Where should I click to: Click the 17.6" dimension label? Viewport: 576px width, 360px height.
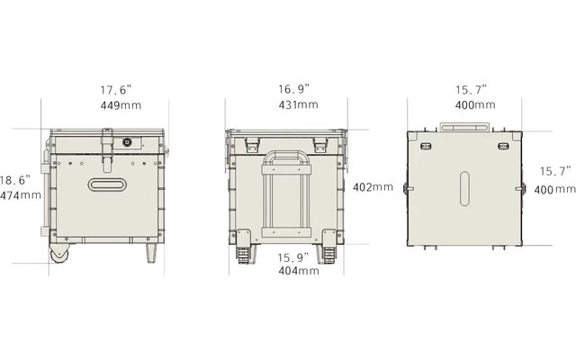pos(116,90)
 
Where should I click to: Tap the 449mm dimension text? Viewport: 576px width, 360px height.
pos(121,105)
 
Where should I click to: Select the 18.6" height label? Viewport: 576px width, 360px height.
pos(15,180)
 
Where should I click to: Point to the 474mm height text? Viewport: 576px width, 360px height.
pos(21,195)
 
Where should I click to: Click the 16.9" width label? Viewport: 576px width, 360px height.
pos(294,89)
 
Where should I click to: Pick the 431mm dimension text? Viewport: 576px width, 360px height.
pos(298,104)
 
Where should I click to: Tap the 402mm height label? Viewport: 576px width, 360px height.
pos(373,187)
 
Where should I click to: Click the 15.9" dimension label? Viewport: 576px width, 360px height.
pos(293,258)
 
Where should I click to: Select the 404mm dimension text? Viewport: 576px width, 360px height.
pos(299,271)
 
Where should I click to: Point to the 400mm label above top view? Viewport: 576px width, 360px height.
pos(475,105)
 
